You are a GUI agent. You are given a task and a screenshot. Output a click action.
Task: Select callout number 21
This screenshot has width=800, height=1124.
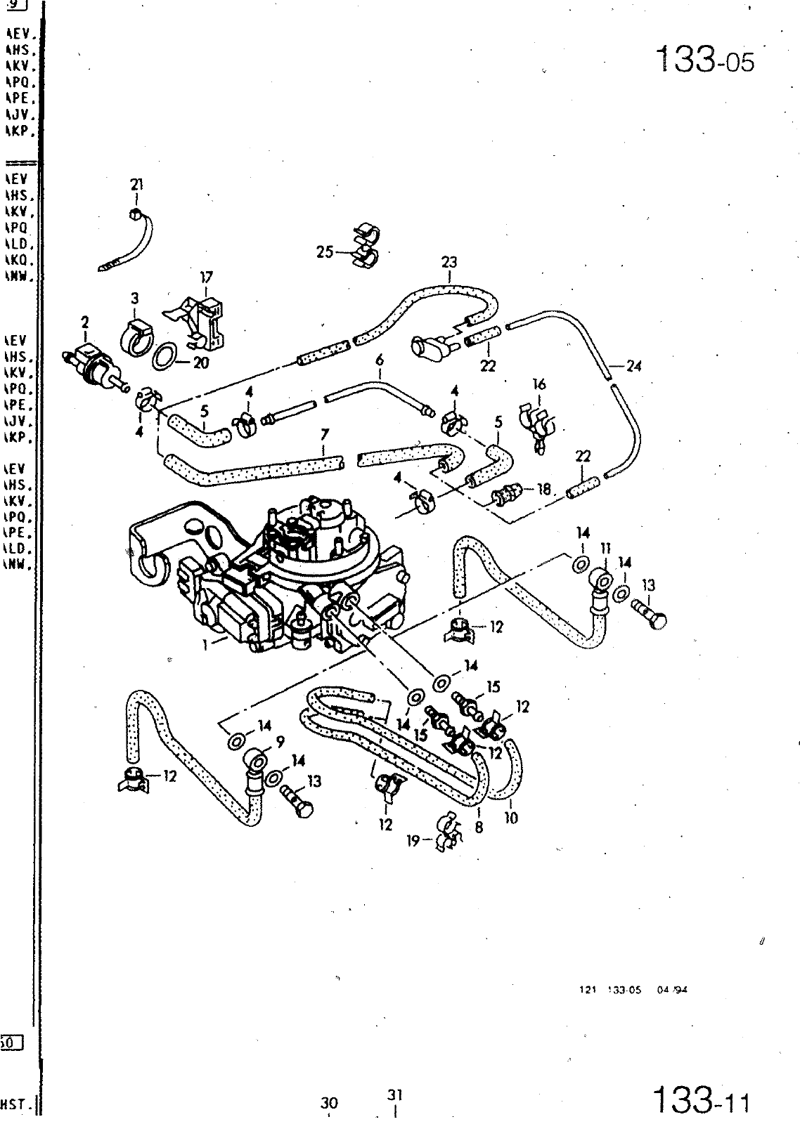tap(136, 185)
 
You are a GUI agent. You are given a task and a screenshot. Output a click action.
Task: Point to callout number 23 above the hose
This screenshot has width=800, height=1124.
tap(449, 262)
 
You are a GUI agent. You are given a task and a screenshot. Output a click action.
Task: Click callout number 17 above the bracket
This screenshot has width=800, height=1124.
tap(206, 277)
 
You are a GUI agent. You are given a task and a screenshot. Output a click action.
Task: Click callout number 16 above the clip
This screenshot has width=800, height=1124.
tap(539, 384)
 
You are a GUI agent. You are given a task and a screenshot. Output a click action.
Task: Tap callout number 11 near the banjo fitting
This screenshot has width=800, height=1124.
tap(605, 547)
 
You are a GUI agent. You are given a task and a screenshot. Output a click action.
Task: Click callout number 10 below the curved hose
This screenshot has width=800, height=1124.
tap(511, 818)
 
